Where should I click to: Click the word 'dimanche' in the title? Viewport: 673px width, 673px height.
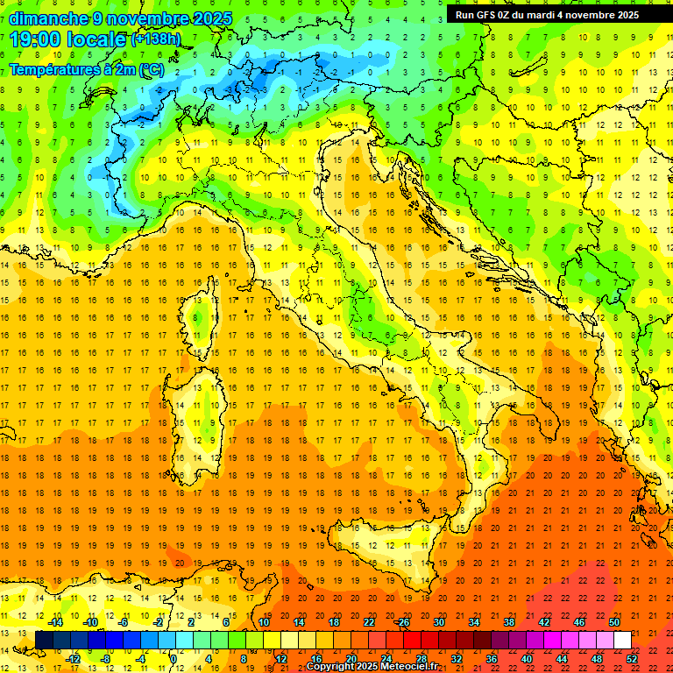coord(49,18)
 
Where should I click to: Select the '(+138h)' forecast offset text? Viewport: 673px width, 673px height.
coord(156,39)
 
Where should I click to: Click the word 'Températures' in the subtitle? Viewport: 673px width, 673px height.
coord(53,69)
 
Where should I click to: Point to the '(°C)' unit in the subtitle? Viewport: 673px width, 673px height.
coord(149,69)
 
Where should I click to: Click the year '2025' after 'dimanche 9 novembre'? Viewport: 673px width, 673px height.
coord(213,18)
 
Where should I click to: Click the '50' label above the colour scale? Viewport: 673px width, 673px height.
coord(614,622)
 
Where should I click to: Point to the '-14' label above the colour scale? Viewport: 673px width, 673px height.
coord(55,622)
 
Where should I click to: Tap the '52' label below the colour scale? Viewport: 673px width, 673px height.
coord(632,659)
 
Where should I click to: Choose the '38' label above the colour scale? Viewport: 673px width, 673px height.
coord(509,622)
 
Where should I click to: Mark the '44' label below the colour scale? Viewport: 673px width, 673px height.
coord(562,659)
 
